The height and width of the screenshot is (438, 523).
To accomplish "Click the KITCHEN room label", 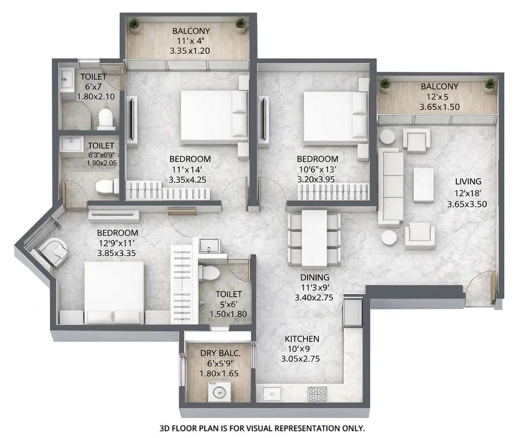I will (x=302, y=338).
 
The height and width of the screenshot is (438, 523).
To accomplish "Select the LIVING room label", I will (x=468, y=181).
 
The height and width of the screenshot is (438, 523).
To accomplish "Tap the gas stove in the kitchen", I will (x=319, y=394).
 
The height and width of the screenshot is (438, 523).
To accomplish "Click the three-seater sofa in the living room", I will (x=391, y=185).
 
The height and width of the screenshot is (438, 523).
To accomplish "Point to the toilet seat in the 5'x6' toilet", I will (x=207, y=272).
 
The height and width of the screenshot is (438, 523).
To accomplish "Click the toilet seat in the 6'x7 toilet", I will (x=106, y=118).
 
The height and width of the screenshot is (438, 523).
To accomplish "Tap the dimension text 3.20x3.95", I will (x=316, y=179).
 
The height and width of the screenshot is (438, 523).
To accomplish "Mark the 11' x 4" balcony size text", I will (x=191, y=41).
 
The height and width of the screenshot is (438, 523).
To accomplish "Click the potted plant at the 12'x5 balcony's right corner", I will (x=489, y=84).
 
